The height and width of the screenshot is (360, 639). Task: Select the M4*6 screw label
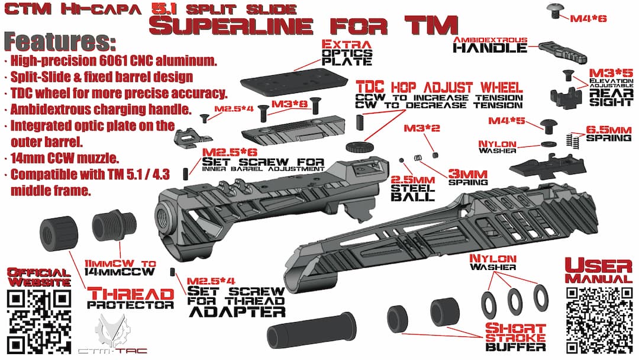[588, 18]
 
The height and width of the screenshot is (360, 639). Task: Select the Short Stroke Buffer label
[515, 337]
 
